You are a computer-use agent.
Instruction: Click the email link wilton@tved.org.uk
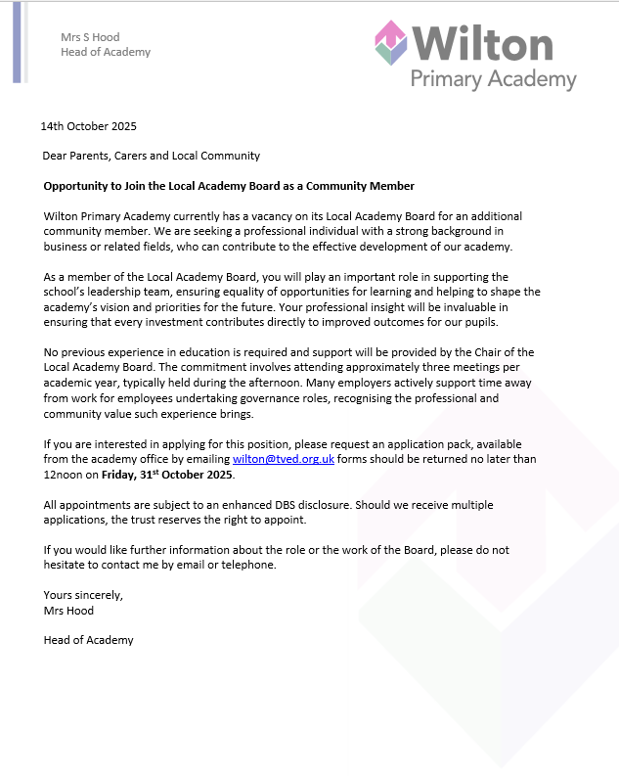tap(283, 459)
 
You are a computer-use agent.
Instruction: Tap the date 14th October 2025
tap(89, 126)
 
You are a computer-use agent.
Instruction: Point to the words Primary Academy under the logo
tap(493, 79)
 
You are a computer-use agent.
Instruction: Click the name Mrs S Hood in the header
tap(90, 37)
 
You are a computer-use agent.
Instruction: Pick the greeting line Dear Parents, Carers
tap(151, 156)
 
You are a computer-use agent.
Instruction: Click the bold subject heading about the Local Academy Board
tap(229, 186)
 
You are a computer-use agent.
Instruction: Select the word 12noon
tap(65, 475)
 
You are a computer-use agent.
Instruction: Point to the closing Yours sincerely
tap(83, 595)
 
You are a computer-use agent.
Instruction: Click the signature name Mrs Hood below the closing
tap(68, 610)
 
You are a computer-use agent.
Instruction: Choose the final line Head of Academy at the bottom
tap(88, 640)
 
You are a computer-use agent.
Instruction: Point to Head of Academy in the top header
tap(106, 52)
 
